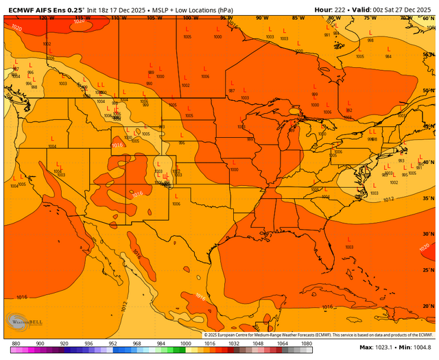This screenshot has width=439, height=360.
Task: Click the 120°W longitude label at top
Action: [46, 17]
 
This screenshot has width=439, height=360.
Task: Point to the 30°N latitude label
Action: [429, 234]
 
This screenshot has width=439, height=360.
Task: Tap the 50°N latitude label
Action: [429, 90]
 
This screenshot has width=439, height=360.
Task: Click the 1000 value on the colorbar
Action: [185, 343]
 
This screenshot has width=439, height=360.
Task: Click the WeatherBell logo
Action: [21, 322]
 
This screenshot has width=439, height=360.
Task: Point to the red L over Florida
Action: [348, 239]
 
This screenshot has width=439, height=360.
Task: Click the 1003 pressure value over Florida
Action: [349, 246]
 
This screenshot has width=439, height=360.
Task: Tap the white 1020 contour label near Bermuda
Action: [423, 247]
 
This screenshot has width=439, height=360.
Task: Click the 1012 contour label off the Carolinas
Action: [388, 200]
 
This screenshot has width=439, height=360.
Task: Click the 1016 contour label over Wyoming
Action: [117, 145]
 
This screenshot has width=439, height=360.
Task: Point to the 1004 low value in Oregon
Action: [53, 146]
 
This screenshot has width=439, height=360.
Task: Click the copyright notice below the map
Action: [320, 335]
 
